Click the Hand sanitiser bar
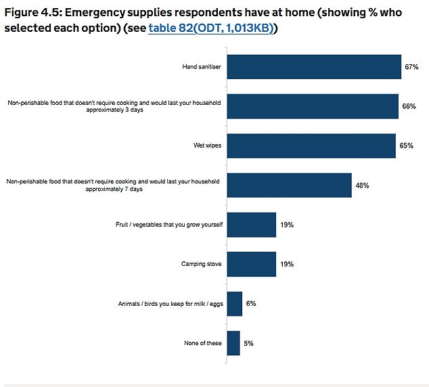click(x=314, y=67)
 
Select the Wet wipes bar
click(x=311, y=145)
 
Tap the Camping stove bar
click(x=252, y=264)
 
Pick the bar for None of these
click(x=233, y=343)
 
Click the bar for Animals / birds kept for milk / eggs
click(x=235, y=304)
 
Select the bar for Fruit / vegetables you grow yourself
click(x=252, y=225)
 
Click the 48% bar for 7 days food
click(x=289, y=185)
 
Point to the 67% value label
click(x=412, y=68)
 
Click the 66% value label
click(x=409, y=107)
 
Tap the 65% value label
click(x=406, y=146)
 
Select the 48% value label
click(x=361, y=185)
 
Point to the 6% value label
click(x=251, y=304)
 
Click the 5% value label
click(x=249, y=344)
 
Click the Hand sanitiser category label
click(x=202, y=68)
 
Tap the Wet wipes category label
click(x=208, y=146)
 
